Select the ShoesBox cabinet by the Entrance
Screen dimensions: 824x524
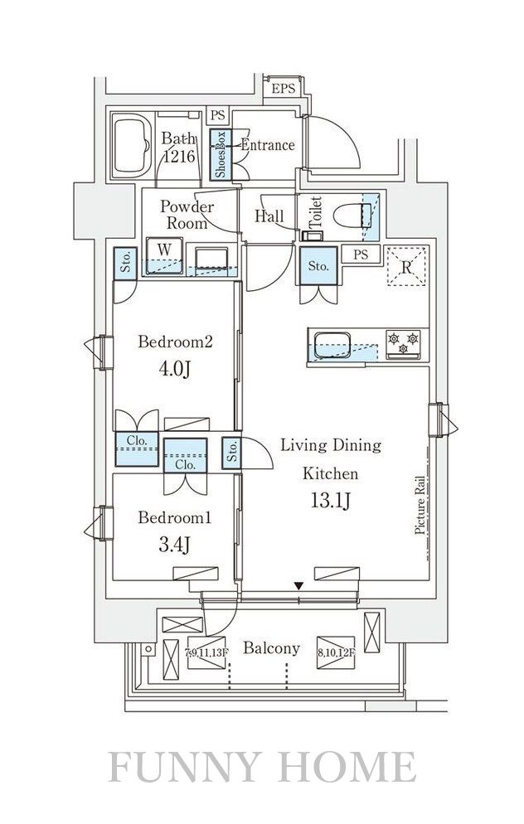(221, 155)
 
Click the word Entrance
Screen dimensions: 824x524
(268, 145)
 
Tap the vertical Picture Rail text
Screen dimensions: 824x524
(420, 505)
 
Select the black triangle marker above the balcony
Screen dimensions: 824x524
(298, 588)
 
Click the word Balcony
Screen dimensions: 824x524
(271, 648)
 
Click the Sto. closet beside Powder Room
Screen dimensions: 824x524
(126, 264)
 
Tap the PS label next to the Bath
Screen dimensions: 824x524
(217, 116)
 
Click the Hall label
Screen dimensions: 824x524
(269, 217)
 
